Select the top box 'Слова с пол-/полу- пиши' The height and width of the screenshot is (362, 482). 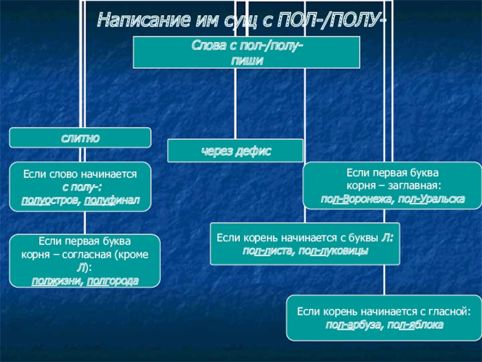246,52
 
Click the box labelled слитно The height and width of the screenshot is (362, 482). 80,138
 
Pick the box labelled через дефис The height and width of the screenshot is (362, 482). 236,150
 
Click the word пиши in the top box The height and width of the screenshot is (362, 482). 246,60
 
